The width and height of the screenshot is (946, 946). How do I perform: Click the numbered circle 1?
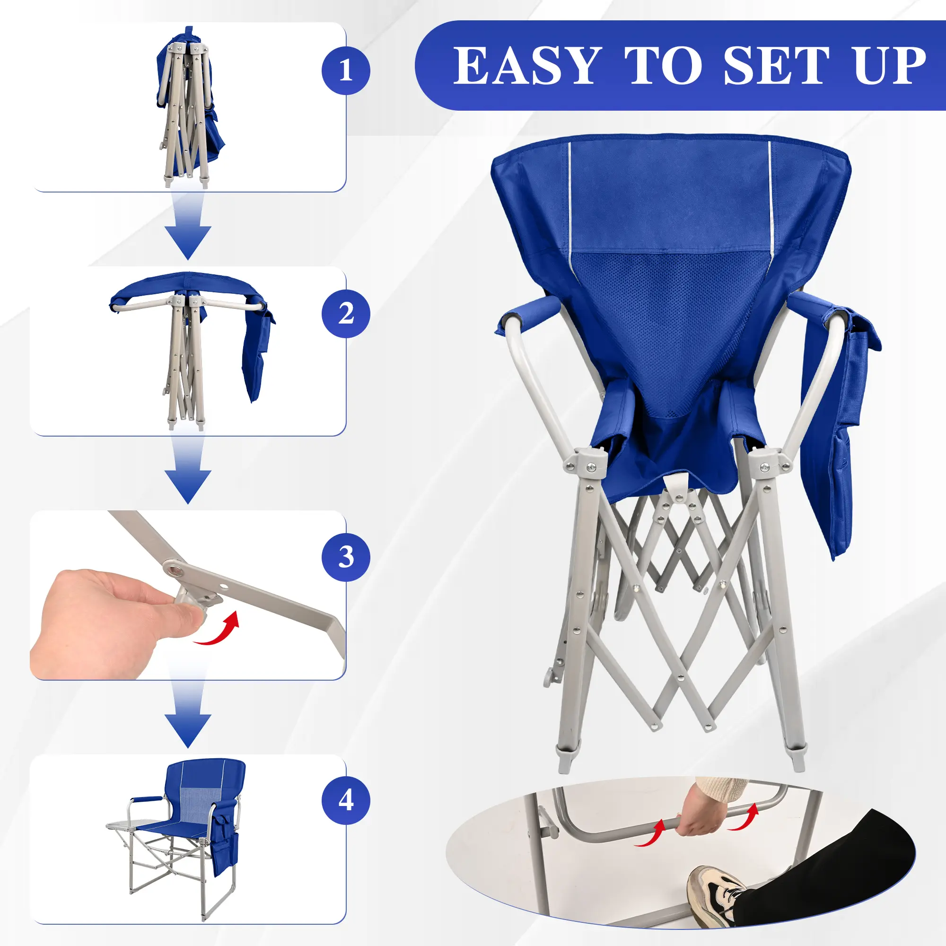346,70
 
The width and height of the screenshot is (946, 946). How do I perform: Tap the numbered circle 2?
346,314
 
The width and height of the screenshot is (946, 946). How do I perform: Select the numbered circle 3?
346,557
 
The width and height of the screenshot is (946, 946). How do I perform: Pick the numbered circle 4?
346,801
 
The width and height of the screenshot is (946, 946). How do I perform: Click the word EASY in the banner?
526,66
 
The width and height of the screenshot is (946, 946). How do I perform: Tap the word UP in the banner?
890,66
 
